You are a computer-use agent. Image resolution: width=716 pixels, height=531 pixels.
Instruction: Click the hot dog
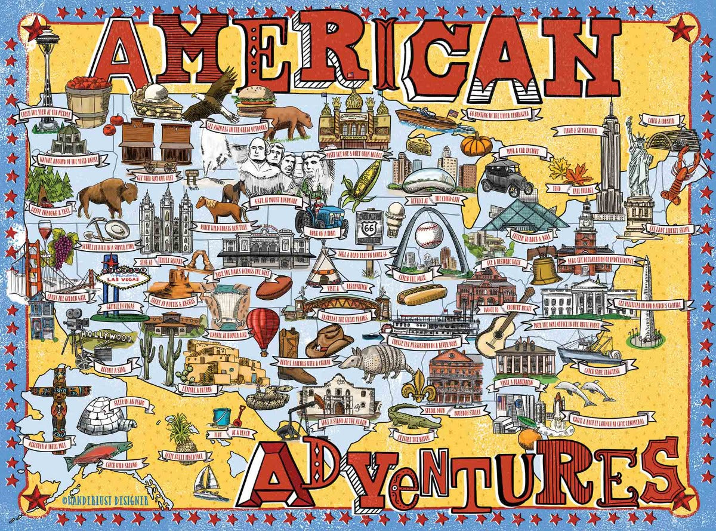click(x=422, y=294)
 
